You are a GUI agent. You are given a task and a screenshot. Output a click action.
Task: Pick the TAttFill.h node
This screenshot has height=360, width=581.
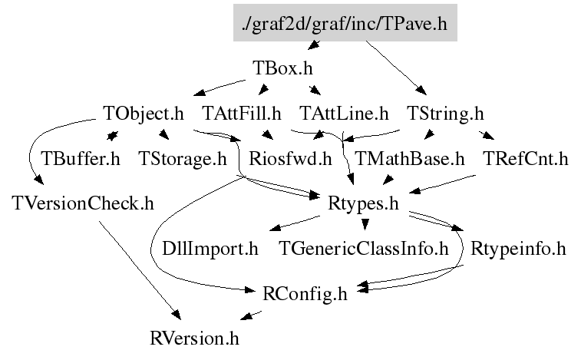[242, 114]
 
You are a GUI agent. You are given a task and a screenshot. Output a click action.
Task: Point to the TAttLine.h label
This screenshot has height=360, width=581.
[345, 114]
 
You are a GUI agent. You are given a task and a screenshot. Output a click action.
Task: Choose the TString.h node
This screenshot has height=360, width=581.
[445, 114]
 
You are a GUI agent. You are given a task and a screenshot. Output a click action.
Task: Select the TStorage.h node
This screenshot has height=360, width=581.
[183, 160]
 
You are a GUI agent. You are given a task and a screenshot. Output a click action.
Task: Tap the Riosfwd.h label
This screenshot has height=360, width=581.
[291, 160]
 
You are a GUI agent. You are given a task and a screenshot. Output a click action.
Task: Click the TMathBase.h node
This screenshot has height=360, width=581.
[409, 160]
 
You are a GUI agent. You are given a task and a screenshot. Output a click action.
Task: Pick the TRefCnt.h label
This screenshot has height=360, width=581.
[526, 160]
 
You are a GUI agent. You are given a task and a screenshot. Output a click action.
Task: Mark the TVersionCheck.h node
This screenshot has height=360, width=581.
[84, 204]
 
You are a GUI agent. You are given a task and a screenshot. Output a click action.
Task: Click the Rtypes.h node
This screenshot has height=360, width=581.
[364, 204]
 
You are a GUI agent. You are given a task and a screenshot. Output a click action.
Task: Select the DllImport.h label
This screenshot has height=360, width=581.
[210, 249]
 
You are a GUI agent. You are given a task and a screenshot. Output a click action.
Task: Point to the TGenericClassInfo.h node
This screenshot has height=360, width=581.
[364, 249]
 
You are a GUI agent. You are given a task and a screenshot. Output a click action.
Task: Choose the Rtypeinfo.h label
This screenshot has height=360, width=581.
[518, 249]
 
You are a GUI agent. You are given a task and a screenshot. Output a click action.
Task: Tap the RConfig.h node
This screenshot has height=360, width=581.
[305, 293]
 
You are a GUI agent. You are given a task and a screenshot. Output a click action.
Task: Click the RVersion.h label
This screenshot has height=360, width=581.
[195, 337]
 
